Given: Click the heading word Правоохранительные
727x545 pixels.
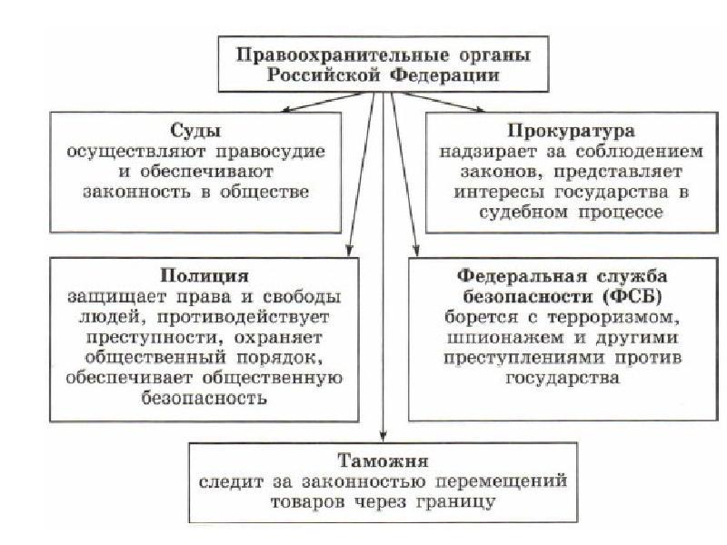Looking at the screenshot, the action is click(343, 55).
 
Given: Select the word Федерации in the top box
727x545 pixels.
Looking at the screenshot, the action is click(444, 75).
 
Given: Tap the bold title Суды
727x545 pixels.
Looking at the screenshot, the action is click(195, 131).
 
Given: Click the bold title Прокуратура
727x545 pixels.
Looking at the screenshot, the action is click(572, 131).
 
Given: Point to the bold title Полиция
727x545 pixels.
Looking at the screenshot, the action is click(204, 276).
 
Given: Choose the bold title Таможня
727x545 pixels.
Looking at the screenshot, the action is click(383, 461).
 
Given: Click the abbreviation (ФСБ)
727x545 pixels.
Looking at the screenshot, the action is click(632, 297).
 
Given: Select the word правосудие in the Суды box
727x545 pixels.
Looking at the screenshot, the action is click(270, 152).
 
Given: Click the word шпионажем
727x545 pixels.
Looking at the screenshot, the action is click(505, 337).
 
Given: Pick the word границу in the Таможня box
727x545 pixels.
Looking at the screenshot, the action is click(456, 502).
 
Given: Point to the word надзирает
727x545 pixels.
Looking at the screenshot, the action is click(482, 152).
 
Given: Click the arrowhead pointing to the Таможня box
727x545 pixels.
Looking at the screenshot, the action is click(383, 437).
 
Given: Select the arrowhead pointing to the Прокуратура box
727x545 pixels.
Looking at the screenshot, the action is click(480, 109).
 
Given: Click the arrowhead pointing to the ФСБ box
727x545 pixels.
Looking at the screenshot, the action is click(416, 251).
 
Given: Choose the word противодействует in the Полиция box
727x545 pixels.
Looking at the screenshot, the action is click(243, 318).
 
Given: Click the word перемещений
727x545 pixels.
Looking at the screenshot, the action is click(502, 482).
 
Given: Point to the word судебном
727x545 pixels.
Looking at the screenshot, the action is click(523, 213).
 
